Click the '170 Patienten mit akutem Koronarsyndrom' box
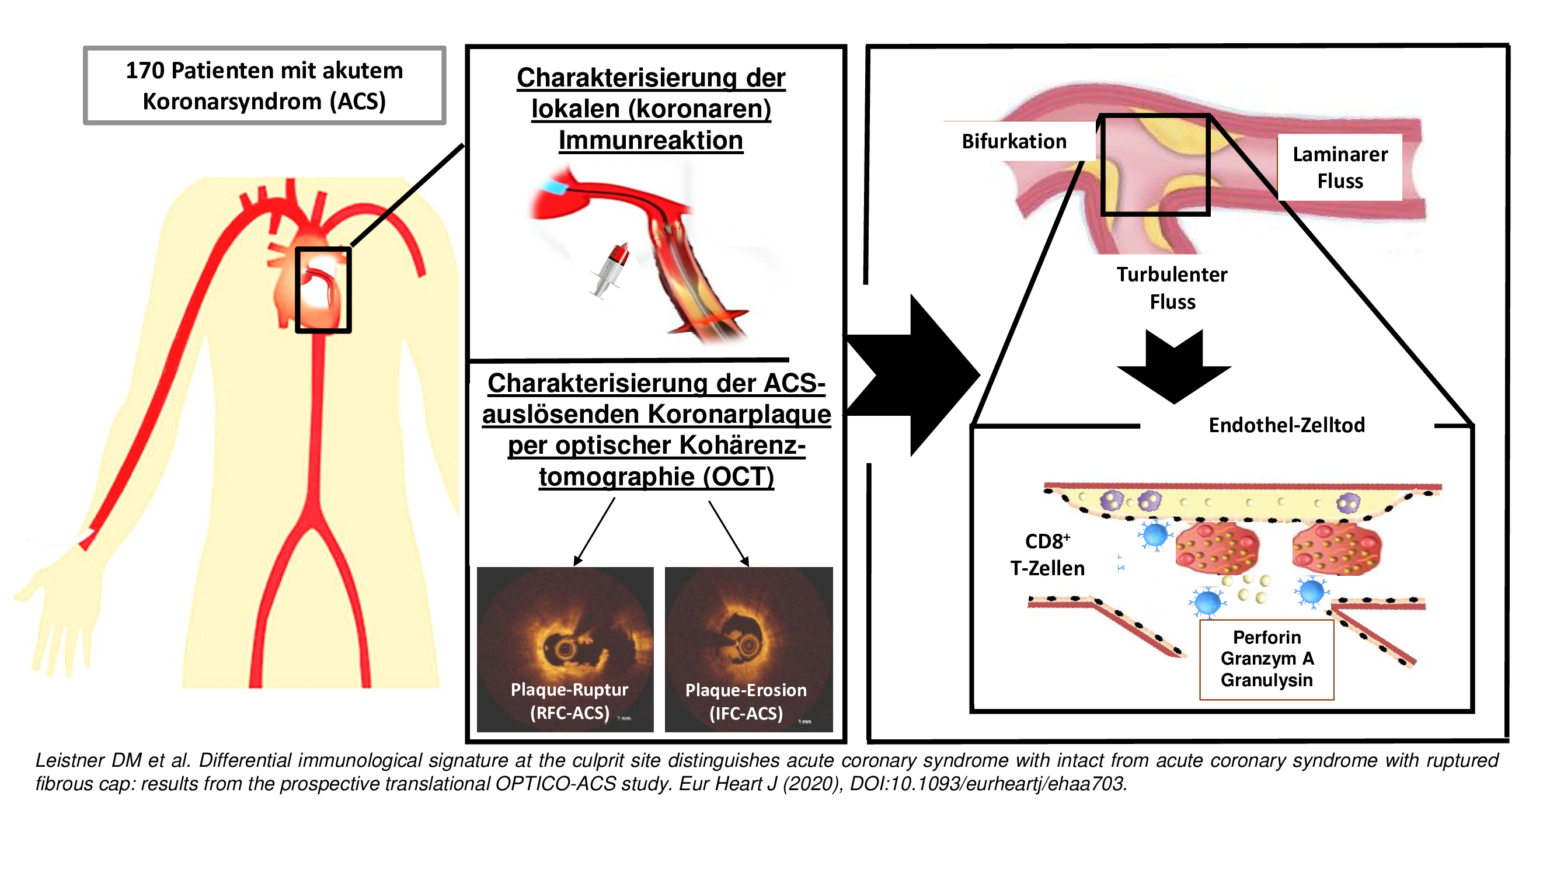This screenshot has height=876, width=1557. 264,85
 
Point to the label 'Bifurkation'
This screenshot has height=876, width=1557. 1013,141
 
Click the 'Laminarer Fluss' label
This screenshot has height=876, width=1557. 1339,168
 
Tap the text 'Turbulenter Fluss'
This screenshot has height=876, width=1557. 1171,288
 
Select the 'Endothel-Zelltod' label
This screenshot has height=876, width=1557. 1286,425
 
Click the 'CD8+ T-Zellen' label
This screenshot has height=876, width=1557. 1047,554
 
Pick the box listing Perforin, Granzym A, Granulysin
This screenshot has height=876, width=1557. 1266,658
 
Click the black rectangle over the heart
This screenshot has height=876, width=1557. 323,290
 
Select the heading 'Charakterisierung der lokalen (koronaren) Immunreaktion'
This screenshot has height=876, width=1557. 651,109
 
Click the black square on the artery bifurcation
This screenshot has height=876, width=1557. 1154,165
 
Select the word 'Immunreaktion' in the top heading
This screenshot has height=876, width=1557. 651,140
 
